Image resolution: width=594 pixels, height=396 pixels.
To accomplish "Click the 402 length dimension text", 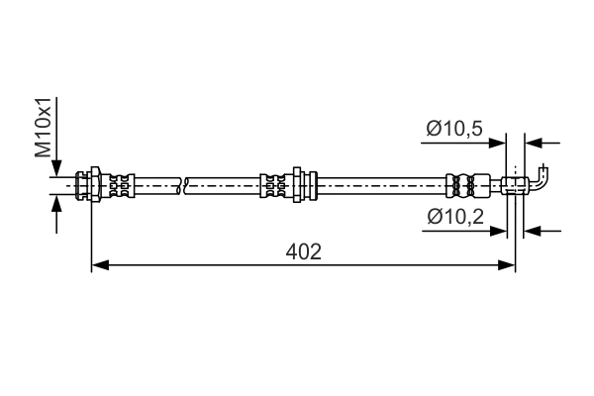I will pos(304,251).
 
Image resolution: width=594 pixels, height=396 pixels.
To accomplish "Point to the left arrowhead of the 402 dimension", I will pos(99,265).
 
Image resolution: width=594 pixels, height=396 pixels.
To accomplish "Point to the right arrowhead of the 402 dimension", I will pos(508,265).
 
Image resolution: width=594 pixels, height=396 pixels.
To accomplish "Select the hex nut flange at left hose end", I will pos(94,184).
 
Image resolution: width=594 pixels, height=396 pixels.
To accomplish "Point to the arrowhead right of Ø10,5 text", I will pos(499,143).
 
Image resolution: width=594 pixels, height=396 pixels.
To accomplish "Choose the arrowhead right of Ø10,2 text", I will pos(501,231).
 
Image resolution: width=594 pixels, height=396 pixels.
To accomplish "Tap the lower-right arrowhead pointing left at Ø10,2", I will pos(530,231).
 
